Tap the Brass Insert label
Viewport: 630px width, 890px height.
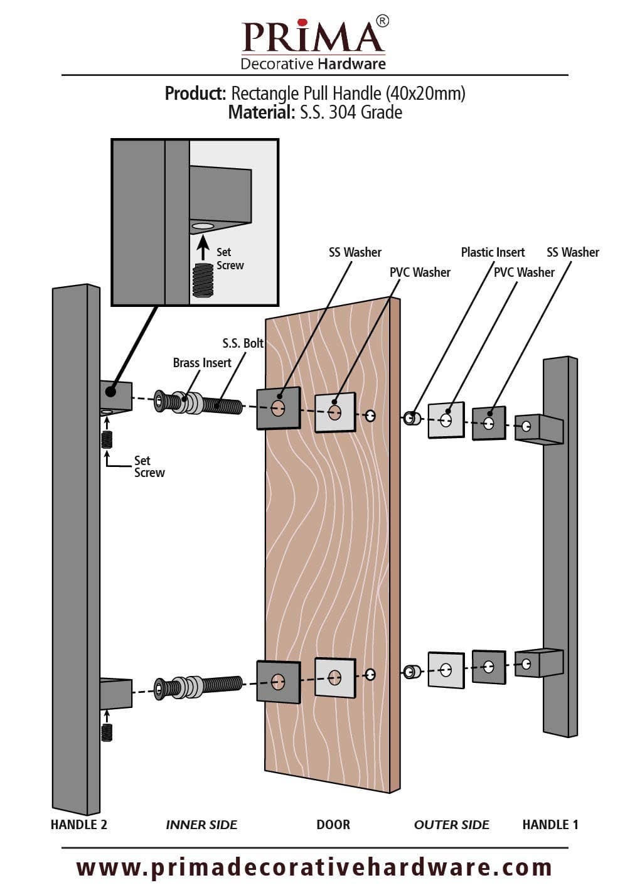pyautogui.click(x=202, y=363)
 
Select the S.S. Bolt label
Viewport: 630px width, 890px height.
pyautogui.click(x=243, y=343)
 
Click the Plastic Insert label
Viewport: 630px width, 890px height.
pyautogui.click(x=493, y=252)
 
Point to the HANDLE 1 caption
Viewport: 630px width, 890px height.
pyautogui.click(x=550, y=825)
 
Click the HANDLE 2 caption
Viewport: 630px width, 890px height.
pyautogui.click(x=78, y=825)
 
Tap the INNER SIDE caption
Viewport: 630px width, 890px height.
pyautogui.click(x=201, y=825)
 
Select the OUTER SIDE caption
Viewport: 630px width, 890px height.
pyautogui.click(x=452, y=825)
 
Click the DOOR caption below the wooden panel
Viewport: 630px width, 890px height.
pyautogui.click(x=333, y=825)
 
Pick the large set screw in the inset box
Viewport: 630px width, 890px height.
pyautogui.click(x=203, y=281)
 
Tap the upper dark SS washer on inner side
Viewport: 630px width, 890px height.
pyautogui.click(x=278, y=408)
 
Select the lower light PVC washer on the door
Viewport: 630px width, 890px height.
pyautogui.click(x=335, y=677)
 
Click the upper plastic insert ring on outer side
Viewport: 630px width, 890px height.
pyautogui.click(x=411, y=418)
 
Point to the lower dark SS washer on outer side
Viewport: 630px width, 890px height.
pyautogui.click(x=489, y=667)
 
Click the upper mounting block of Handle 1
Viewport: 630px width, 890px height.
pyautogui.click(x=539, y=429)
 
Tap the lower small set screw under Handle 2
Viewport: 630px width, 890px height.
pyautogui.click(x=107, y=733)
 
